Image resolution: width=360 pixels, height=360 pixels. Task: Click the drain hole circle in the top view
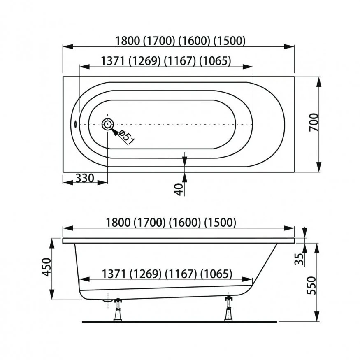pyautogui.click(x=108, y=124)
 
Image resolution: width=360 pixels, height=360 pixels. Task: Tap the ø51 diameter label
pyautogui.click(x=126, y=137)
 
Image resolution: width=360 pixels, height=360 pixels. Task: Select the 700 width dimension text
pyautogui.click(x=314, y=122)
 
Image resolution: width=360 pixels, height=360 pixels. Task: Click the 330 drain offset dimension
pyautogui.click(x=85, y=178)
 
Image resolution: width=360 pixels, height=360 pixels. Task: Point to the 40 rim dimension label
pyautogui.click(x=179, y=189)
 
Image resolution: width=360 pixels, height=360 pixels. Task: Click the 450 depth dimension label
pyautogui.click(x=46, y=267)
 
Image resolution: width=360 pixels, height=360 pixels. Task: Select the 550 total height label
pyautogui.click(x=311, y=286)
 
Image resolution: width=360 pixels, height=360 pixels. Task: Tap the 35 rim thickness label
pyautogui.click(x=299, y=259)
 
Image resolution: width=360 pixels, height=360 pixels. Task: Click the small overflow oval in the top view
pyautogui.click(x=75, y=124)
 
